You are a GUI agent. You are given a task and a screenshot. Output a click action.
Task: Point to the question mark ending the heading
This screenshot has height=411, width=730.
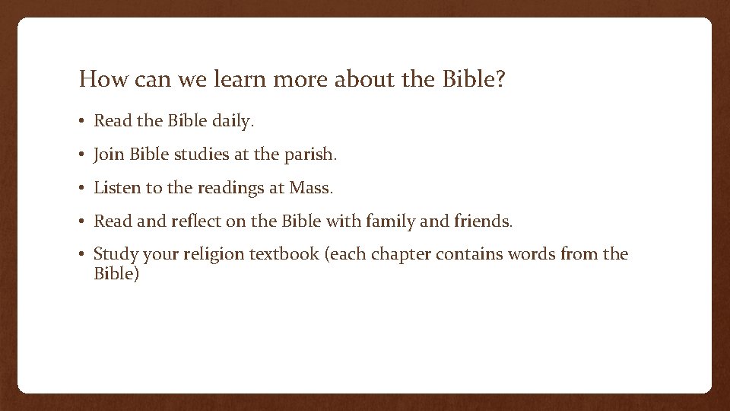point(499,79)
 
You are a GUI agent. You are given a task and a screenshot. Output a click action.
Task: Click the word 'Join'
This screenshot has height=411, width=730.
point(109,155)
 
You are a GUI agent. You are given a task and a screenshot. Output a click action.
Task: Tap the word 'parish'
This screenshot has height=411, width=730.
point(310,155)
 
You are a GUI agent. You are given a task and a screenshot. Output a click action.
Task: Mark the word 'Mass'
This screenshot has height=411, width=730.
point(310,188)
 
